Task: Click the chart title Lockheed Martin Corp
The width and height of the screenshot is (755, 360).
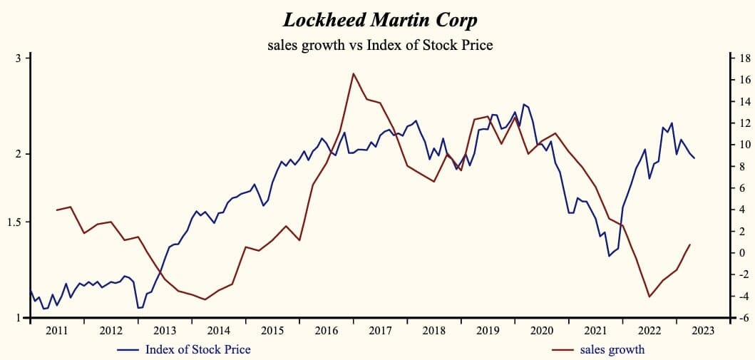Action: pyautogui.click(x=380, y=19)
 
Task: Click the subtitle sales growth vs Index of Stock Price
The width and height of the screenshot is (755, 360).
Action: pyautogui.click(x=380, y=45)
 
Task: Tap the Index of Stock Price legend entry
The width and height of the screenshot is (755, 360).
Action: pyautogui.click(x=197, y=349)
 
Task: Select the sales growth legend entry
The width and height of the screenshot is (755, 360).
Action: pyautogui.click(x=612, y=349)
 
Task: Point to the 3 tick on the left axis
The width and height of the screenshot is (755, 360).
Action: pyautogui.click(x=18, y=58)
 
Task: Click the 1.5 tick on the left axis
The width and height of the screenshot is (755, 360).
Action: pyautogui.click(x=14, y=222)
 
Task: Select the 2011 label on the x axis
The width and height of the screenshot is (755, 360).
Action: pyautogui.click(x=57, y=331)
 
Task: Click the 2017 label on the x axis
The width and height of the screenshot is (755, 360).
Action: pyautogui.click(x=380, y=331)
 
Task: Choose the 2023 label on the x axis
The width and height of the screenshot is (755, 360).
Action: pyautogui.click(x=703, y=331)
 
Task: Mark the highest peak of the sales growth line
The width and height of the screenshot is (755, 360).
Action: pyautogui.click(x=353, y=73)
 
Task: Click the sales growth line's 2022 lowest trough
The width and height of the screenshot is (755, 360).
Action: pyautogui.click(x=649, y=297)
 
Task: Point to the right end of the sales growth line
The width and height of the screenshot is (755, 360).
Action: pyautogui.click(x=690, y=245)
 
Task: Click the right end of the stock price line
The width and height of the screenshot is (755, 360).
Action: pyautogui.click(x=694, y=158)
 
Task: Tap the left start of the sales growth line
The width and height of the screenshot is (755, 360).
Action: pyautogui.click(x=56, y=210)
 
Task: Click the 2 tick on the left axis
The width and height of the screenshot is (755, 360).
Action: pyautogui.click(x=18, y=154)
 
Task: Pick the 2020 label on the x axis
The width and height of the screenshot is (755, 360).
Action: pyautogui.click(x=541, y=331)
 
